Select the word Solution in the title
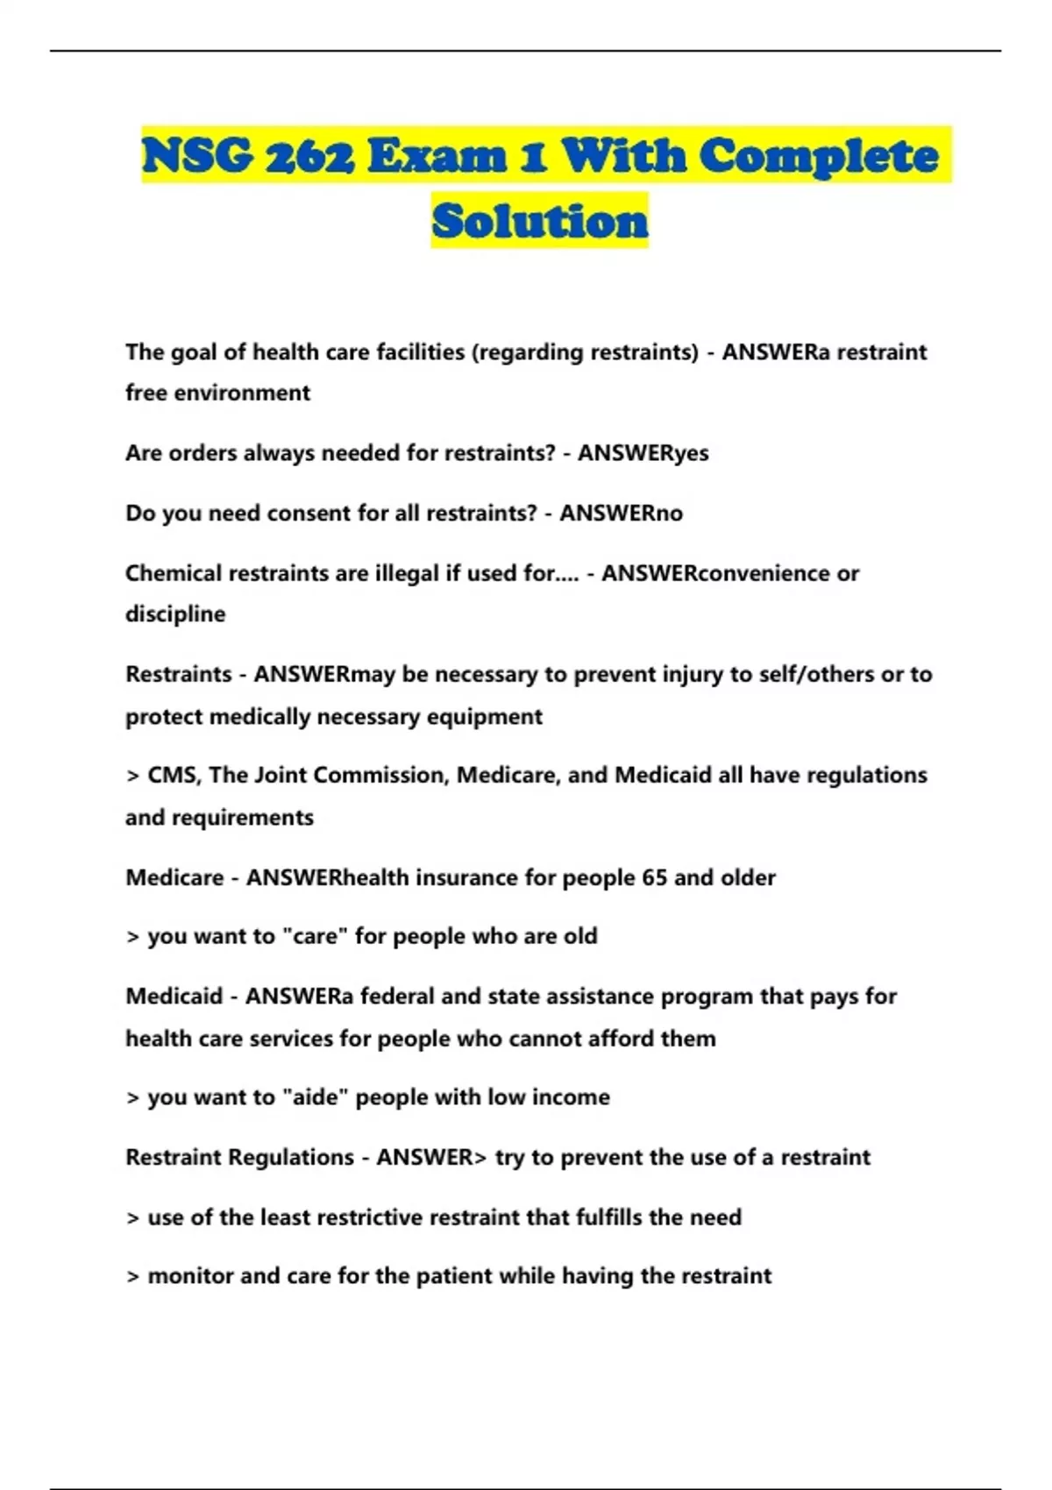point(539,221)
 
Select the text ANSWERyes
point(643,453)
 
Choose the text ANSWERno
point(621,513)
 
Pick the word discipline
point(175,614)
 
